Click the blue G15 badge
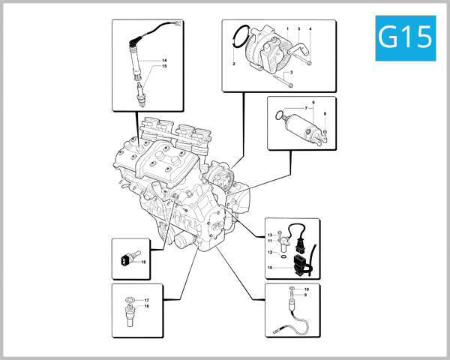(405, 37)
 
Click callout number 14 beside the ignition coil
(164, 60)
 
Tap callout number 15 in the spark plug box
(164, 67)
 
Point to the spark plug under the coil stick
(140, 96)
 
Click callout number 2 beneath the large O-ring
(234, 65)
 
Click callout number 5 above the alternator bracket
(298, 28)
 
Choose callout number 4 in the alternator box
(310, 28)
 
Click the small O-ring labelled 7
(280, 115)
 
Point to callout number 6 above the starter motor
(313, 101)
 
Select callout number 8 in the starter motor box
(325, 114)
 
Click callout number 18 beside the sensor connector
(142, 262)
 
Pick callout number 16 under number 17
(147, 307)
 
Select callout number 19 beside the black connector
(270, 268)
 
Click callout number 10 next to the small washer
(306, 289)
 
